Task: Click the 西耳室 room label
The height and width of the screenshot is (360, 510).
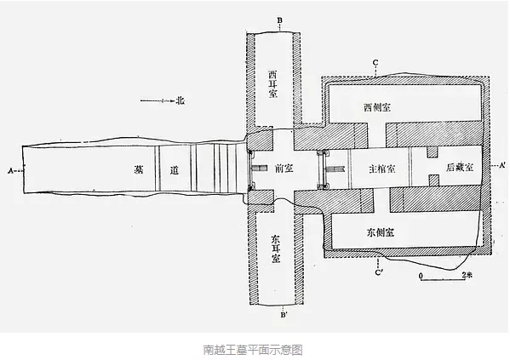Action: (x=273, y=84)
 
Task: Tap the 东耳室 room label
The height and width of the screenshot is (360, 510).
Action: (x=276, y=249)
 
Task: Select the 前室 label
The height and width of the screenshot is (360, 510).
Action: (x=284, y=169)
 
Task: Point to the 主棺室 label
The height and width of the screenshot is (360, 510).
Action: (x=382, y=169)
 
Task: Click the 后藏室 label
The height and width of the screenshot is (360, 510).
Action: (x=460, y=168)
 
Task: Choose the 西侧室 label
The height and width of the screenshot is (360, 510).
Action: (x=377, y=107)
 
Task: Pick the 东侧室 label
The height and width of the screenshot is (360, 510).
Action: (x=381, y=232)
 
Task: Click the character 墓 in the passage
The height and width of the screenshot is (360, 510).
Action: (x=139, y=169)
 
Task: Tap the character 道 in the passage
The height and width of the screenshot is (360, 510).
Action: (x=175, y=170)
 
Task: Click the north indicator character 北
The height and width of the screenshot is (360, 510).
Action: (x=180, y=100)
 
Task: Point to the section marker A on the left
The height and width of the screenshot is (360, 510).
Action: (x=10, y=170)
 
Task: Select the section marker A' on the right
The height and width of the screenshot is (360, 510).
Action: (x=501, y=165)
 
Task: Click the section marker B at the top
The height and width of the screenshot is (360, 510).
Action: (x=279, y=20)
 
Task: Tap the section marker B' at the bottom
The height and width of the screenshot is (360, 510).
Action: (x=284, y=315)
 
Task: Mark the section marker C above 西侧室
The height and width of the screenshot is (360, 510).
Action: (x=375, y=63)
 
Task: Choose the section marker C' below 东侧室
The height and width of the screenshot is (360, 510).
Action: (x=378, y=272)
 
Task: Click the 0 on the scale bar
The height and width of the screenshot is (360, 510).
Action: (x=421, y=276)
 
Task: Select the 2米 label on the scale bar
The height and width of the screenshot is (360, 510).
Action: (x=467, y=275)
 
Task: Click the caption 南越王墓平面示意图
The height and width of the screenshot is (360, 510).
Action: (x=253, y=350)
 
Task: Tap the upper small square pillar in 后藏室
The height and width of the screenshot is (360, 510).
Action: (x=433, y=152)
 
